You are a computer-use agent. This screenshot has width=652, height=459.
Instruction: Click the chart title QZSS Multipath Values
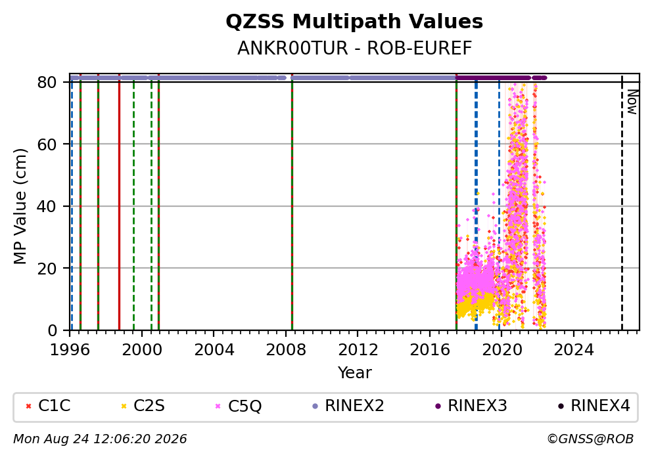point(354,22)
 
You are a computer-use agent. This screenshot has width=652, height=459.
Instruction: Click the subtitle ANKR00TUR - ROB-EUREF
point(354,48)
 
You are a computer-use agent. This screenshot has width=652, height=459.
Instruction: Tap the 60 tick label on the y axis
point(47,144)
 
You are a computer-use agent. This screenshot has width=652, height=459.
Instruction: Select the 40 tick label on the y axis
point(47,206)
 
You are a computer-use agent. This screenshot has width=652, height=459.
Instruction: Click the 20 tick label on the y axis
point(47,269)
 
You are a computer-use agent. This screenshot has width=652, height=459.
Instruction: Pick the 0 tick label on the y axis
point(53,331)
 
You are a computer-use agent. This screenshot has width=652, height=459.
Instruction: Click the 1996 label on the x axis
point(70,350)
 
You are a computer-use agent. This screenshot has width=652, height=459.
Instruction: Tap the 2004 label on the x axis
point(214,350)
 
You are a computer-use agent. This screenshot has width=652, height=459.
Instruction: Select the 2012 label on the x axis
point(358,350)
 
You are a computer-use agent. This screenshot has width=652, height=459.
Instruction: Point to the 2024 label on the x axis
point(573,350)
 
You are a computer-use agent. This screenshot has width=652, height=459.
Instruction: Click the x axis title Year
point(354,372)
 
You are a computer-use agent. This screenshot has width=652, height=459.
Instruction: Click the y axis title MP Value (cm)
point(20,206)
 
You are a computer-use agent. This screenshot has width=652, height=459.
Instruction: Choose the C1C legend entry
point(48,406)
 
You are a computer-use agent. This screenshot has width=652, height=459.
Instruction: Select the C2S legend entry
point(143,406)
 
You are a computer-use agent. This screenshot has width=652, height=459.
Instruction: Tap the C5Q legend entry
point(239,406)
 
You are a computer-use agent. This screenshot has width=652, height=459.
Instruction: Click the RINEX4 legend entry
point(594,406)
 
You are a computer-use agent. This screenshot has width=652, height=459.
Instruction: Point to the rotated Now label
point(632,102)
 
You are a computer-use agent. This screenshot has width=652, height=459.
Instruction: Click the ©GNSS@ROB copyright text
point(590,439)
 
